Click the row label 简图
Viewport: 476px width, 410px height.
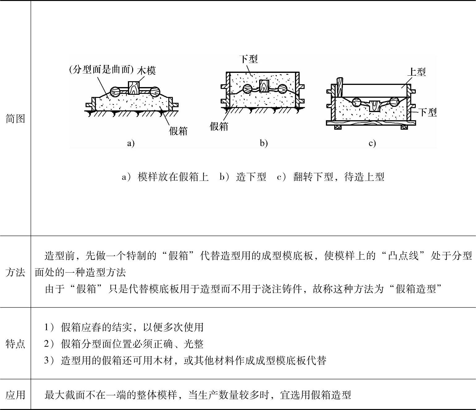pyautogui.click(x=15, y=119)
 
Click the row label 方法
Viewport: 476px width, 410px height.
pyautogui.click(x=15, y=272)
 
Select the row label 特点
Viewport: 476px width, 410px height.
pyautogui.click(x=15, y=343)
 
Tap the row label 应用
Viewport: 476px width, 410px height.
pyautogui.click(x=15, y=395)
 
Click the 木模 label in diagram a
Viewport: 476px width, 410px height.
pyautogui.click(x=146, y=71)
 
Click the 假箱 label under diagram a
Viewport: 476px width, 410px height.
pyautogui.click(x=178, y=131)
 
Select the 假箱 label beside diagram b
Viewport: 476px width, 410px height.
pyautogui.click(x=219, y=126)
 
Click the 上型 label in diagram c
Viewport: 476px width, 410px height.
pyautogui.click(x=416, y=72)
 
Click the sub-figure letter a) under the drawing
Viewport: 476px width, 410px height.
pyautogui.click(x=131, y=143)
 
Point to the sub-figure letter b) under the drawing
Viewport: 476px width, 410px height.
pyautogui.click(x=263, y=143)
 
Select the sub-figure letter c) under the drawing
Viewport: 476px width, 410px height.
pyautogui.click(x=372, y=143)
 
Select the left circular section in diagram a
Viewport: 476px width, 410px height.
pyautogui.click(x=115, y=92)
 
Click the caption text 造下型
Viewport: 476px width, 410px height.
pyautogui.click(x=251, y=177)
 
